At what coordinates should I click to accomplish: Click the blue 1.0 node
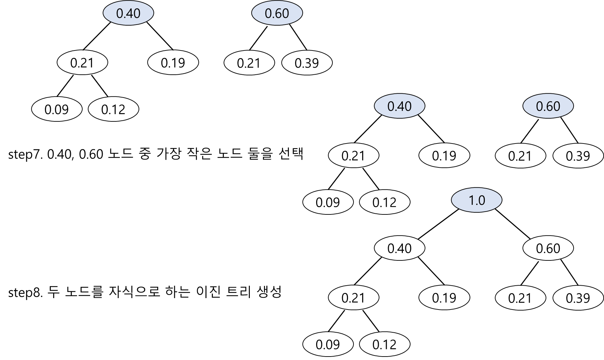tap(476, 200)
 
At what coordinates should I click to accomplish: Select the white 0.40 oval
tap(399, 248)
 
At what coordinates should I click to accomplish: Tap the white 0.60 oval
tap(548, 248)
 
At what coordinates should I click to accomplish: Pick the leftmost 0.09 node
tap(57, 109)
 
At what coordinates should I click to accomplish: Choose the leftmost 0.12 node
tap(113, 109)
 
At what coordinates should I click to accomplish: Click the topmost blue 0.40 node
tap(128, 13)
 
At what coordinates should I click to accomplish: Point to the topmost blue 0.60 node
tap(277, 13)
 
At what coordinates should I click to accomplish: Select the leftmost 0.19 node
tap(173, 63)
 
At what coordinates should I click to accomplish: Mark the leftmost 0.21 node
tap(82, 63)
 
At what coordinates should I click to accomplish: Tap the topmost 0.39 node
tap(307, 63)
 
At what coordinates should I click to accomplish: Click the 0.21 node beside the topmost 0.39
tap(249, 63)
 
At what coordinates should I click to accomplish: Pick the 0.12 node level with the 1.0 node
tap(385, 202)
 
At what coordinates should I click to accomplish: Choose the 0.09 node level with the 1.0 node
tap(328, 202)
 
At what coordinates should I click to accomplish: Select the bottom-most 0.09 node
tap(328, 344)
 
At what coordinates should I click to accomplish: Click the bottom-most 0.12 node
tap(385, 344)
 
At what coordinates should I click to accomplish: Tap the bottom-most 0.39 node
tap(578, 298)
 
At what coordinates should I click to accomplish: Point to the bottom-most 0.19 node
tap(444, 297)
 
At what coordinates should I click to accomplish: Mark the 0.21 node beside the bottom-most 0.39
tap(520, 298)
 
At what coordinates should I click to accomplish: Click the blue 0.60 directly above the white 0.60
tap(548, 106)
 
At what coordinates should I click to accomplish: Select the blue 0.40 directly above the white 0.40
tap(399, 106)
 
